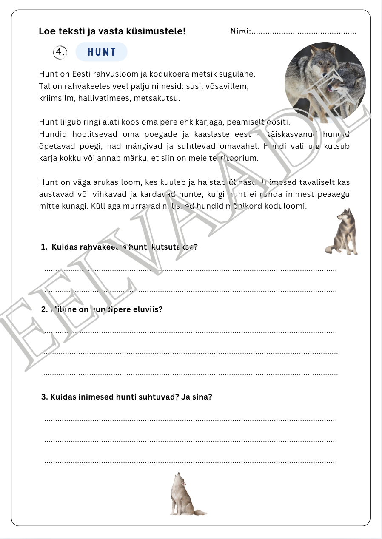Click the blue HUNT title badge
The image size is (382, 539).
click(x=101, y=52)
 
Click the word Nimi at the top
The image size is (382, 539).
click(x=239, y=31)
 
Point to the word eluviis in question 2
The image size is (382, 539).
click(x=149, y=309)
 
